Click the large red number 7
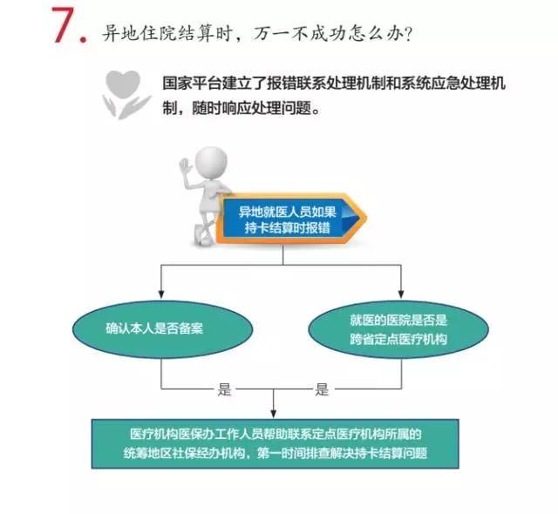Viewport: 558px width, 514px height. coord(64,25)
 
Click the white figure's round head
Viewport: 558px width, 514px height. coord(211,162)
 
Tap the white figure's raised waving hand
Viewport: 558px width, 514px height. coord(186,166)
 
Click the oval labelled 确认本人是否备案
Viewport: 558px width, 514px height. coord(162,329)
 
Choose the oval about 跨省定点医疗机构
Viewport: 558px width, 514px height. coord(398,329)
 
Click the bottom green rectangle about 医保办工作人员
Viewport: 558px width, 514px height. coord(276,444)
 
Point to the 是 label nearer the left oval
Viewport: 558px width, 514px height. coord(225,389)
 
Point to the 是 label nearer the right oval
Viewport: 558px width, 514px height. coord(322,389)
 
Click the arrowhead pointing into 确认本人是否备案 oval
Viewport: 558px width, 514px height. coord(161,294)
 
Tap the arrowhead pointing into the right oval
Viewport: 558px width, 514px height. coord(401,294)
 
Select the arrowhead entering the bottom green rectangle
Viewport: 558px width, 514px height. coord(273,414)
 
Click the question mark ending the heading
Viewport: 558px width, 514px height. coord(408,35)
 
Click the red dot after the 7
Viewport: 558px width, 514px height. coord(84,39)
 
